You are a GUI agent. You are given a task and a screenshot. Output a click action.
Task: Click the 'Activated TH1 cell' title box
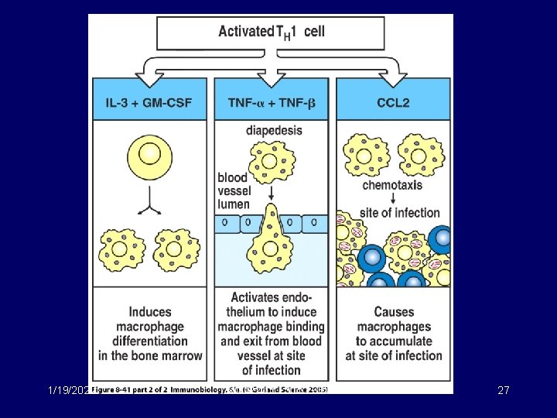coord(271,33)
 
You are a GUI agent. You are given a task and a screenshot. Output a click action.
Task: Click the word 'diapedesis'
coord(274,130)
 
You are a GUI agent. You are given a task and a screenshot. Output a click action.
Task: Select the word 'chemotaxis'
coord(392,185)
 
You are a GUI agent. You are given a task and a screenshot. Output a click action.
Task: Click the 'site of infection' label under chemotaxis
coord(400,212)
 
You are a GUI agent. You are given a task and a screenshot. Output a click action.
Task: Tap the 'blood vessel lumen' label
coord(233,190)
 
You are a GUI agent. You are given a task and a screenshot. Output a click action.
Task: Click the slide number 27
coord(503,390)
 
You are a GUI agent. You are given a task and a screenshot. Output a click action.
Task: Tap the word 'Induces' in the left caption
coord(150,312)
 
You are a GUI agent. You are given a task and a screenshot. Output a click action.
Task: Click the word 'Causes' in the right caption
coord(394,312)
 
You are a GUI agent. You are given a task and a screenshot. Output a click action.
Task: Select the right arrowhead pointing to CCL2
coord(394,78)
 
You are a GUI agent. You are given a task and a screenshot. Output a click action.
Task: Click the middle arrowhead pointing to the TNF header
coord(271,78)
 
